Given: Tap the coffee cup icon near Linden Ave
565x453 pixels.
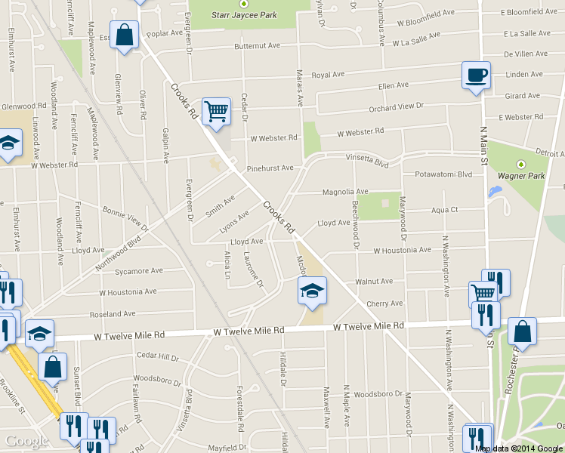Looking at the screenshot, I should click(x=476, y=75).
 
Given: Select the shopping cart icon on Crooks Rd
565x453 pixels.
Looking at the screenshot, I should click(x=217, y=112).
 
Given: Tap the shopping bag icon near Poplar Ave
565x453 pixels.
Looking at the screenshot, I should click(x=125, y=35).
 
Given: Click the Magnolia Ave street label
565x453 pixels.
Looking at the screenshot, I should click(x=345, y=192).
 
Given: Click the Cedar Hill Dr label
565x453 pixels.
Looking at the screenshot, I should click(x=157, y=356).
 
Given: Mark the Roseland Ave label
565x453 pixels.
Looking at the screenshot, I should click(x=112, y=313).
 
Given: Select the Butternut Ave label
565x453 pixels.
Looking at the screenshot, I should click(x=258, y=46).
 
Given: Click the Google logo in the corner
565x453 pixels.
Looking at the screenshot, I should click(x=27, y=441).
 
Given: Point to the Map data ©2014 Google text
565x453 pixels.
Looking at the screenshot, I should click(x=519, y=448).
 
